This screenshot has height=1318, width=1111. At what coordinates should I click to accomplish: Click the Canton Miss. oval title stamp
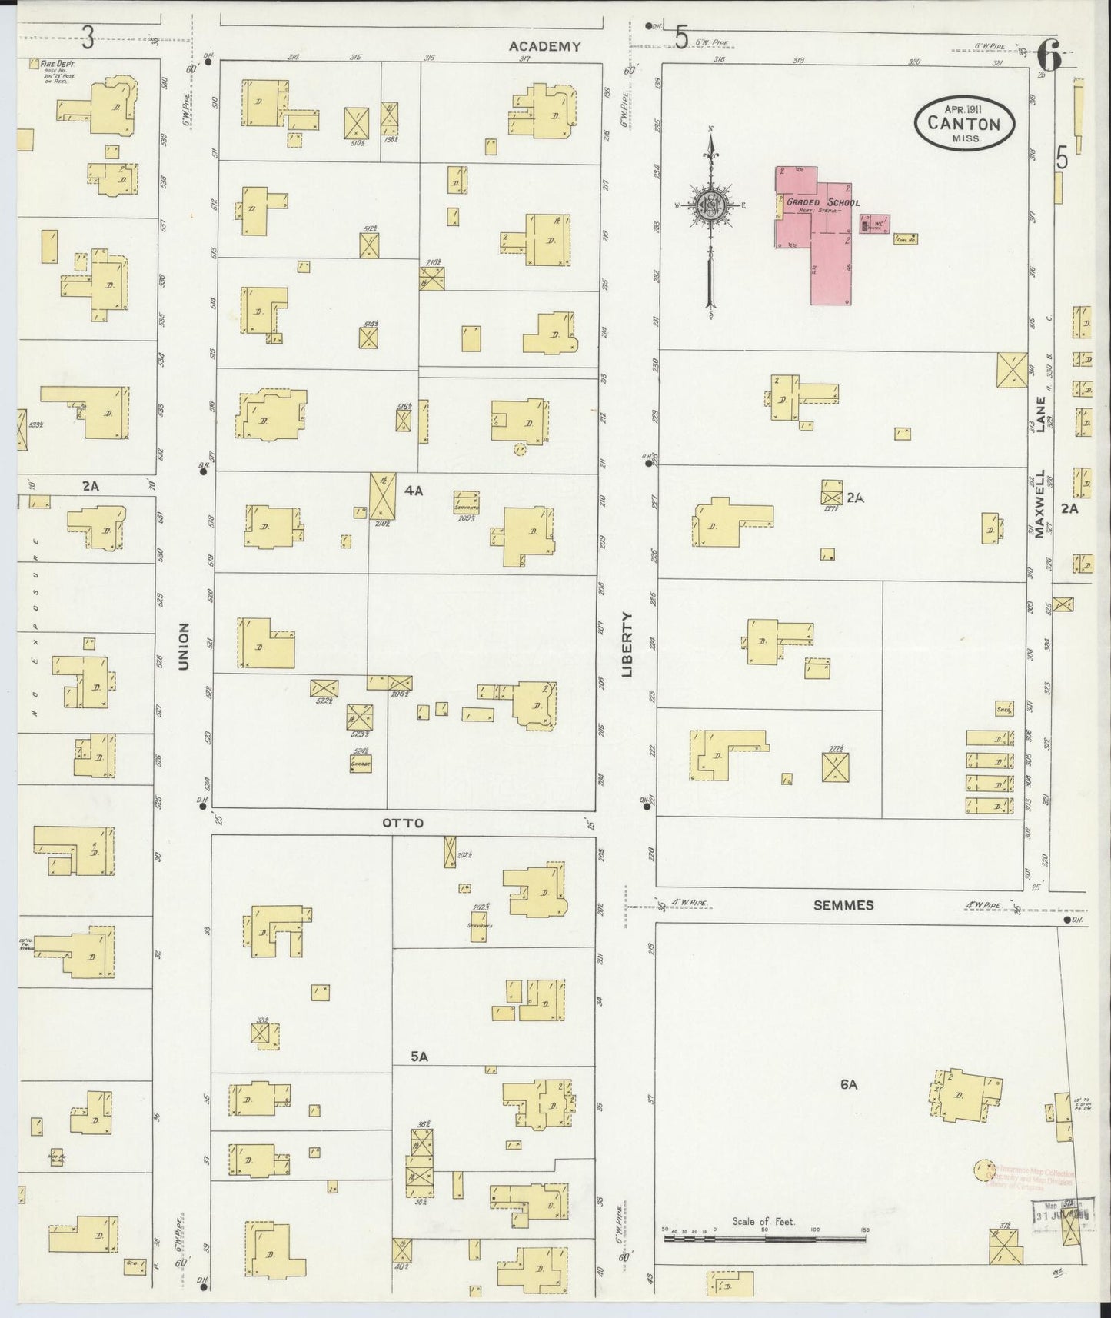[x=964, y=122]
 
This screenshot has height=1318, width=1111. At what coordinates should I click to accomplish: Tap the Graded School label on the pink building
[x=823, y=203]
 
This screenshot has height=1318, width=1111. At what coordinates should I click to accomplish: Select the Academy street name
[x=544, y=47]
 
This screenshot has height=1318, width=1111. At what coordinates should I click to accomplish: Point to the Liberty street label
[x=627, y=644]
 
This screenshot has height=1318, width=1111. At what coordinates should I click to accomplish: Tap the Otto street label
[x=403, y=823]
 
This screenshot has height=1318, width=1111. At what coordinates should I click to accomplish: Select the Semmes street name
[x=843, y=905]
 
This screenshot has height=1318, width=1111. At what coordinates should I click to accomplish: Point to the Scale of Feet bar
[x=764, y=1238]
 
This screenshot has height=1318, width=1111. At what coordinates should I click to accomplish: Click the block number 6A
[x=848, y=1085]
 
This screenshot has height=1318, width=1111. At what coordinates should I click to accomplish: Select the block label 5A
[x=418, y=1057]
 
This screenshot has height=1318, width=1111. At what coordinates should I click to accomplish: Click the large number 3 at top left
[x=89, y=35]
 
